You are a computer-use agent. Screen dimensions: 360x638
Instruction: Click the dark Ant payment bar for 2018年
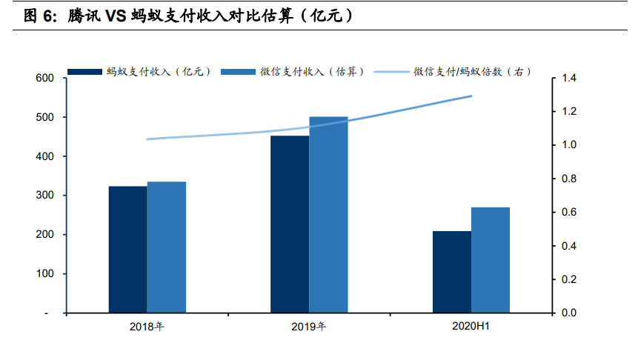(x=127, y=250)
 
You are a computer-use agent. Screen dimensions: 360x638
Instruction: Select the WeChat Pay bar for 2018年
(x=166, y=247)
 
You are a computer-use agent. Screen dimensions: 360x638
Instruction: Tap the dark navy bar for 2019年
(x=290, y=224)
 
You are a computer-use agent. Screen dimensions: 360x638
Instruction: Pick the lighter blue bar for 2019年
(x=328, y=215)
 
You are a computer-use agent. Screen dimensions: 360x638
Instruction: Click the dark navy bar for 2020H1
(x=451, y=272)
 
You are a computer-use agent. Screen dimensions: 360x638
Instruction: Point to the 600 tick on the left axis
(x=45, y=79)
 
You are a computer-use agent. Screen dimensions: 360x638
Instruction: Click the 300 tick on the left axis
(x=45, y=196)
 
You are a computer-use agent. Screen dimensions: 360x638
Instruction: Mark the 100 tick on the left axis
(x=45, y=274)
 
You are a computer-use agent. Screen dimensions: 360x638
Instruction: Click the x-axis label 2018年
(x=147, y=327)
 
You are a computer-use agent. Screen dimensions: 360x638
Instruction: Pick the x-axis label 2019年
(x=309, y=327)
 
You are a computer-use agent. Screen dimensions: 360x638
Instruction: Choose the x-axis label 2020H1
(x=471, y=327)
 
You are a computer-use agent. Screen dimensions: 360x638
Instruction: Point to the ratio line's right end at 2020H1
(x=471, y=96)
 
